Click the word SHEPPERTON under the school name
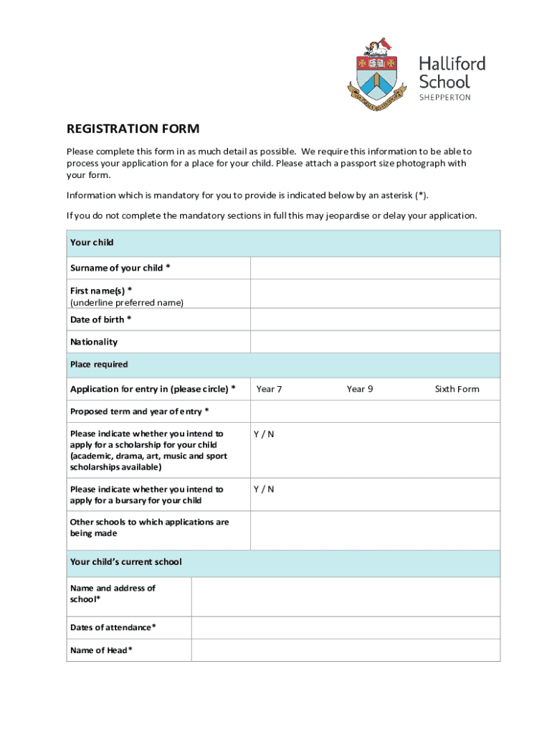444,98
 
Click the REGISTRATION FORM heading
133,129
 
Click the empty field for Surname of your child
374,268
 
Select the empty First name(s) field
374,294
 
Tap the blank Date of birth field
374,319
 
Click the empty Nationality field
374,342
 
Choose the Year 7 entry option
269,389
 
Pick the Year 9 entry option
359,389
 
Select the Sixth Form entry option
457,389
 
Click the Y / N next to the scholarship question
263,434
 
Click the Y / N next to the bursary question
263,490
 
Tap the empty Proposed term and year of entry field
374,411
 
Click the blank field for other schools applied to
374,530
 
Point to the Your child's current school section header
126,562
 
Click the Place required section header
99,365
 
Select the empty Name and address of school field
345,596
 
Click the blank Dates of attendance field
345,628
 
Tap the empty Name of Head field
345,650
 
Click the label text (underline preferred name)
127,303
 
